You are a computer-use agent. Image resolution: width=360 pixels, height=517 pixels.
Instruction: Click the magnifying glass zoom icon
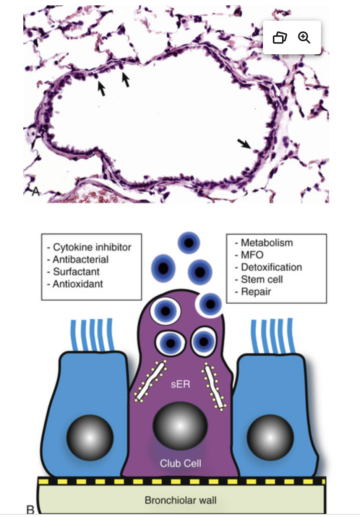304,37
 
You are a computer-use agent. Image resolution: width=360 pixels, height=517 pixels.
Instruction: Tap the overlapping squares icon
280,37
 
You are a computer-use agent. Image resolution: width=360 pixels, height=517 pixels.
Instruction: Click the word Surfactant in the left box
76,272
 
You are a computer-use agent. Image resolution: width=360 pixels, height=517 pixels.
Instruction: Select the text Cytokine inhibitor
92,247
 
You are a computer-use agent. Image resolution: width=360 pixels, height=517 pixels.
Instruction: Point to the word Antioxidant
78,284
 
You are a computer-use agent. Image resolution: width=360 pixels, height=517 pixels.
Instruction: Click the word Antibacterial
80,259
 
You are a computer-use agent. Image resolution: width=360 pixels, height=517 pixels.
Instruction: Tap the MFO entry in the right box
252,255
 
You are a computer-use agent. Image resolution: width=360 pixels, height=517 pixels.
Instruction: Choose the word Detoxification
271,267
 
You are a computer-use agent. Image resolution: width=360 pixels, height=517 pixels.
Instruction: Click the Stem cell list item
262,279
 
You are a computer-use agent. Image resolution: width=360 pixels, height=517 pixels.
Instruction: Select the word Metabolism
266,242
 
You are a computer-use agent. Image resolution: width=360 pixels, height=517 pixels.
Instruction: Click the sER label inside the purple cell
180,384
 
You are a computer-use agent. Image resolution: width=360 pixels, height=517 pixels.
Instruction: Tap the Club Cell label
180,463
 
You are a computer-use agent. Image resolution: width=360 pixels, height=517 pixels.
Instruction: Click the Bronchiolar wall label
180,500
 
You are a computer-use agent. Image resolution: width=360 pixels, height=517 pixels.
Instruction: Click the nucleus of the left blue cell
90,437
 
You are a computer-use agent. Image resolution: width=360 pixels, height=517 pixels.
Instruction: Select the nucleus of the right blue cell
270,437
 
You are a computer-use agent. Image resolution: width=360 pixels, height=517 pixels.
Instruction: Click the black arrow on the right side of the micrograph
244,144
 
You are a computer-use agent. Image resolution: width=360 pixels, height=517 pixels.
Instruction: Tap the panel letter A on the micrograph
36,191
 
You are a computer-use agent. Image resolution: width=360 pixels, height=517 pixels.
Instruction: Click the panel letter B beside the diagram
30,509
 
